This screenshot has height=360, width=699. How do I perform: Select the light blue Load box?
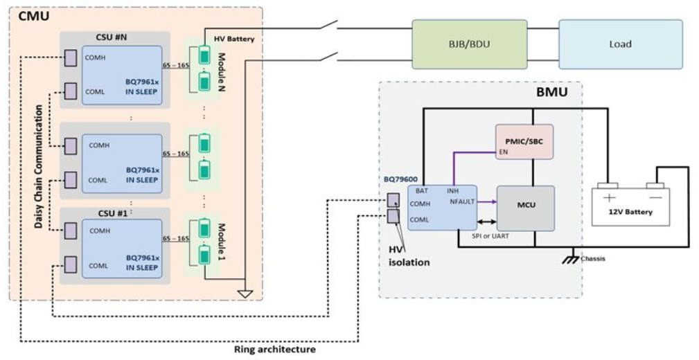[620, 44]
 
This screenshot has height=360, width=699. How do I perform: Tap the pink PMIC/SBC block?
[524, 141]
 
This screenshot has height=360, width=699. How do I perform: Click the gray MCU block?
[526, 206]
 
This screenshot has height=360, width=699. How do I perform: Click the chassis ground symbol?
[572, 257]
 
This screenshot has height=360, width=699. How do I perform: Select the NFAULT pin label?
[462, 202]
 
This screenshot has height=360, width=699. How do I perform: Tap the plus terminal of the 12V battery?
[610, 196]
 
